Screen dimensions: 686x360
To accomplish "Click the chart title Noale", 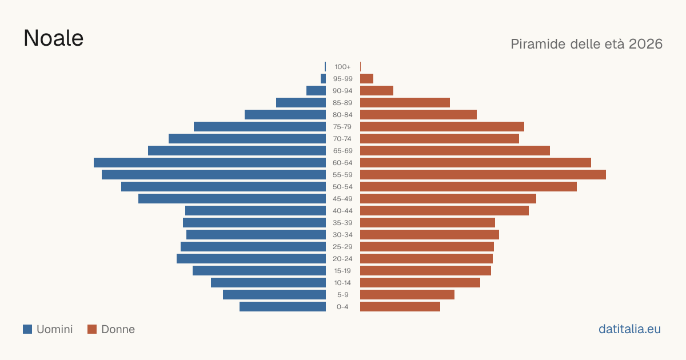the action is (53, 38).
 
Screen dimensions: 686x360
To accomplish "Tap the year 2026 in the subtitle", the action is (645, 44).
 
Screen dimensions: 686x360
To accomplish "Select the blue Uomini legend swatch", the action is (27, 329).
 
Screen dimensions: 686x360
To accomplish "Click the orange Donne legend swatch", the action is (92, 329).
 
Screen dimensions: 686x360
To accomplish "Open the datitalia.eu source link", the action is (629, 329).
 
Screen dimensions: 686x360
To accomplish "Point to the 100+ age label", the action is (342, 67).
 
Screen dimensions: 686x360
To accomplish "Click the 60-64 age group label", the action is (342, 163).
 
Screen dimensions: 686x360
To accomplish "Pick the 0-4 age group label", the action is (342, 307).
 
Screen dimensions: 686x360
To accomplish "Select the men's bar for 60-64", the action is (210, 162).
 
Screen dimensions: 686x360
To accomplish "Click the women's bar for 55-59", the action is (483, 174).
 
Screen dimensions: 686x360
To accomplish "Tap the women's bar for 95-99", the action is (366, 79).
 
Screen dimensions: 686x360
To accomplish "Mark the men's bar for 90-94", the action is (316, 91).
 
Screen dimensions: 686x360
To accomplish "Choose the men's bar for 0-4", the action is (282, 307).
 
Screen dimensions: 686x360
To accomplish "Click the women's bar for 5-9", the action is (407, 294).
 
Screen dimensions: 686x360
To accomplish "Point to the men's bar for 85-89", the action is (301, 102).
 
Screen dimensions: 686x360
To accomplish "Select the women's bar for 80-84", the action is (418, 114).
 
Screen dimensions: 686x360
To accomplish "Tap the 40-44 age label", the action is (342, 211).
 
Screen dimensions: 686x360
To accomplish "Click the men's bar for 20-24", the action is (251, 259).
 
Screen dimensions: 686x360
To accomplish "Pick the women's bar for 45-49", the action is (448, 199).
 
